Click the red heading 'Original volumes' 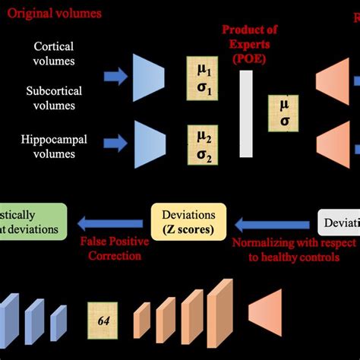[x=50, y=14]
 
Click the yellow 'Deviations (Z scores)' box [x=185, y=220]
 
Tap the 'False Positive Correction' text [x=111, y=249]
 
